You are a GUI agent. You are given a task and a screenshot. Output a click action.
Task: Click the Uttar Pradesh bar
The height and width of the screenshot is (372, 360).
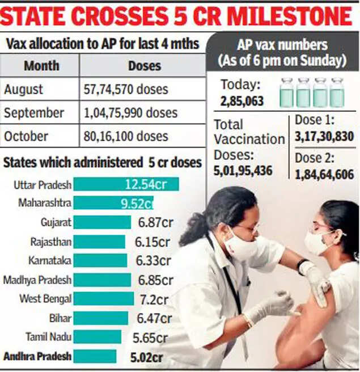tap(126, 184)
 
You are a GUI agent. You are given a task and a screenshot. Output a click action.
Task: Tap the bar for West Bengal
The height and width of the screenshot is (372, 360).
tap(104, 299)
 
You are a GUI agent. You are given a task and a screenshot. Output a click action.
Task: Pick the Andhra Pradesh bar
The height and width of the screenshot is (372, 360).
tap(95, 356)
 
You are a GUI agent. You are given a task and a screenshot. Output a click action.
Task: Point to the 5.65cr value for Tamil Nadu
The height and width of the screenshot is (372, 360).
tap(150, 337)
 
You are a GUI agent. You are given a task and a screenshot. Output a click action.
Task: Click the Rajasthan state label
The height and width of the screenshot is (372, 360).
tap(51, 242)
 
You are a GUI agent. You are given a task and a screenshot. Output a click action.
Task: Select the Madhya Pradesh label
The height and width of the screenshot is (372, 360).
tap(37, 280)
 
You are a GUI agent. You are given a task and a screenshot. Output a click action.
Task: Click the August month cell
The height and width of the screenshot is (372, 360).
tap(24, 90)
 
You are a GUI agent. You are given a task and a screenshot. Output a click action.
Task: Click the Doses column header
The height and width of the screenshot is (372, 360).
tap(144, 66)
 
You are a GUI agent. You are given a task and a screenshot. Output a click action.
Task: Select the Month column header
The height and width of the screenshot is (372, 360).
tap(42, 66)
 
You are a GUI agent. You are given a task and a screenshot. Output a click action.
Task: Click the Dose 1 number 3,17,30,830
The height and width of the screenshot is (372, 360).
tap(324, 137)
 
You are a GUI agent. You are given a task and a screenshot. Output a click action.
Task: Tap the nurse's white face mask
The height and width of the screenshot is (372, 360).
tap(242, 246)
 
